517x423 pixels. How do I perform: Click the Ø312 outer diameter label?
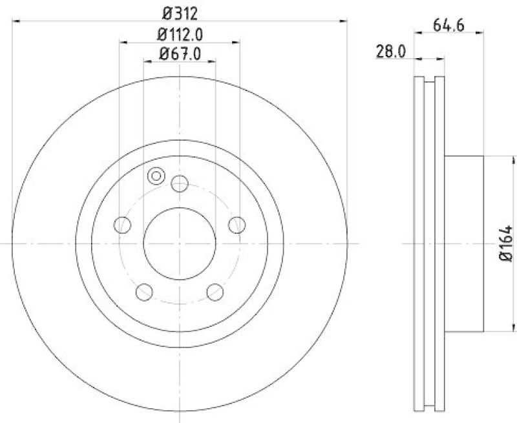pyautogui.click(x=180, y=11)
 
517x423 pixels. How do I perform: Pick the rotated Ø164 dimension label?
pyautogui.click(x=505, y=243)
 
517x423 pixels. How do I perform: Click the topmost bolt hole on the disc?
pyautogui.click(x=179, y=184)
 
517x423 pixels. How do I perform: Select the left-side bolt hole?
pyautogui.click(x=121, y=225)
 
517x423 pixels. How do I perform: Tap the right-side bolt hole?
pyautogui.click(x=237, y=225)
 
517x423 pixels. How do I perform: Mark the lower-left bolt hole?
pyautogui.click(x=143, y=293)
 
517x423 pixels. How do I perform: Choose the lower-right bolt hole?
pyautogui.click(x=215, y=293)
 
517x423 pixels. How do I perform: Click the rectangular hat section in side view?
pyautogui.click(x=464, y=243)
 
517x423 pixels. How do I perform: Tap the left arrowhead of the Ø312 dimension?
pyautogui.click(x=17, y=21)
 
